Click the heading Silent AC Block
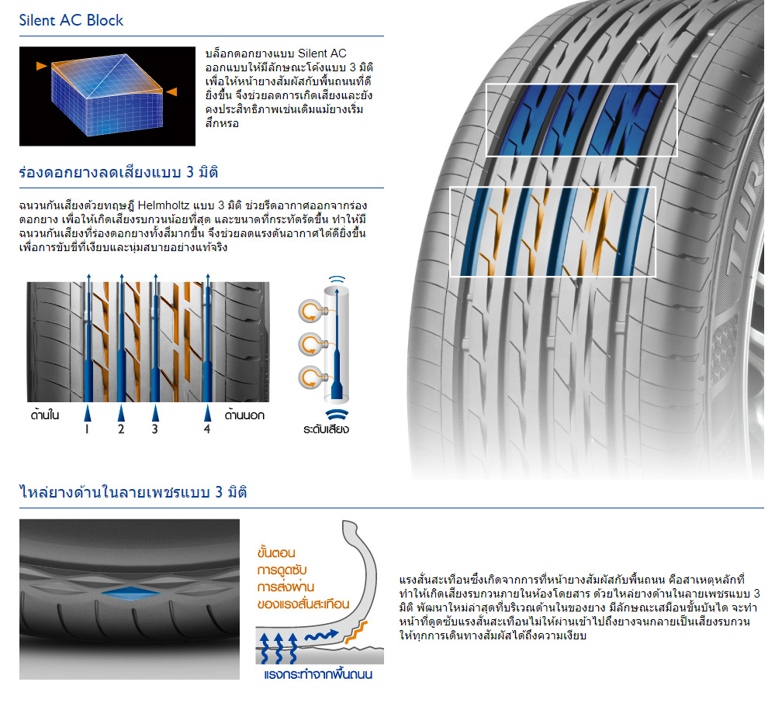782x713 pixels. coord(71,20)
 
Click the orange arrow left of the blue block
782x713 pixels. coord(41,67)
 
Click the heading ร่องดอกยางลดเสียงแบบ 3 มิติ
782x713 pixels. coord(119,172)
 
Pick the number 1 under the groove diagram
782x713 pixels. coord(87,429)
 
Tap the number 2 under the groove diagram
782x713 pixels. coord(121,429)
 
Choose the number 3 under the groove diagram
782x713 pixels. coord(154,429)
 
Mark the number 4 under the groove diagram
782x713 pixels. coord(206,429)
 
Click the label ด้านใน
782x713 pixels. coord(45,415)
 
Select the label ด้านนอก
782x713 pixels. coord(244,415)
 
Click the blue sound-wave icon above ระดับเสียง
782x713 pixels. coord(336,412)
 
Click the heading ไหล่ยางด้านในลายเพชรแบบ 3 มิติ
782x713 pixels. coord(133,492)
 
